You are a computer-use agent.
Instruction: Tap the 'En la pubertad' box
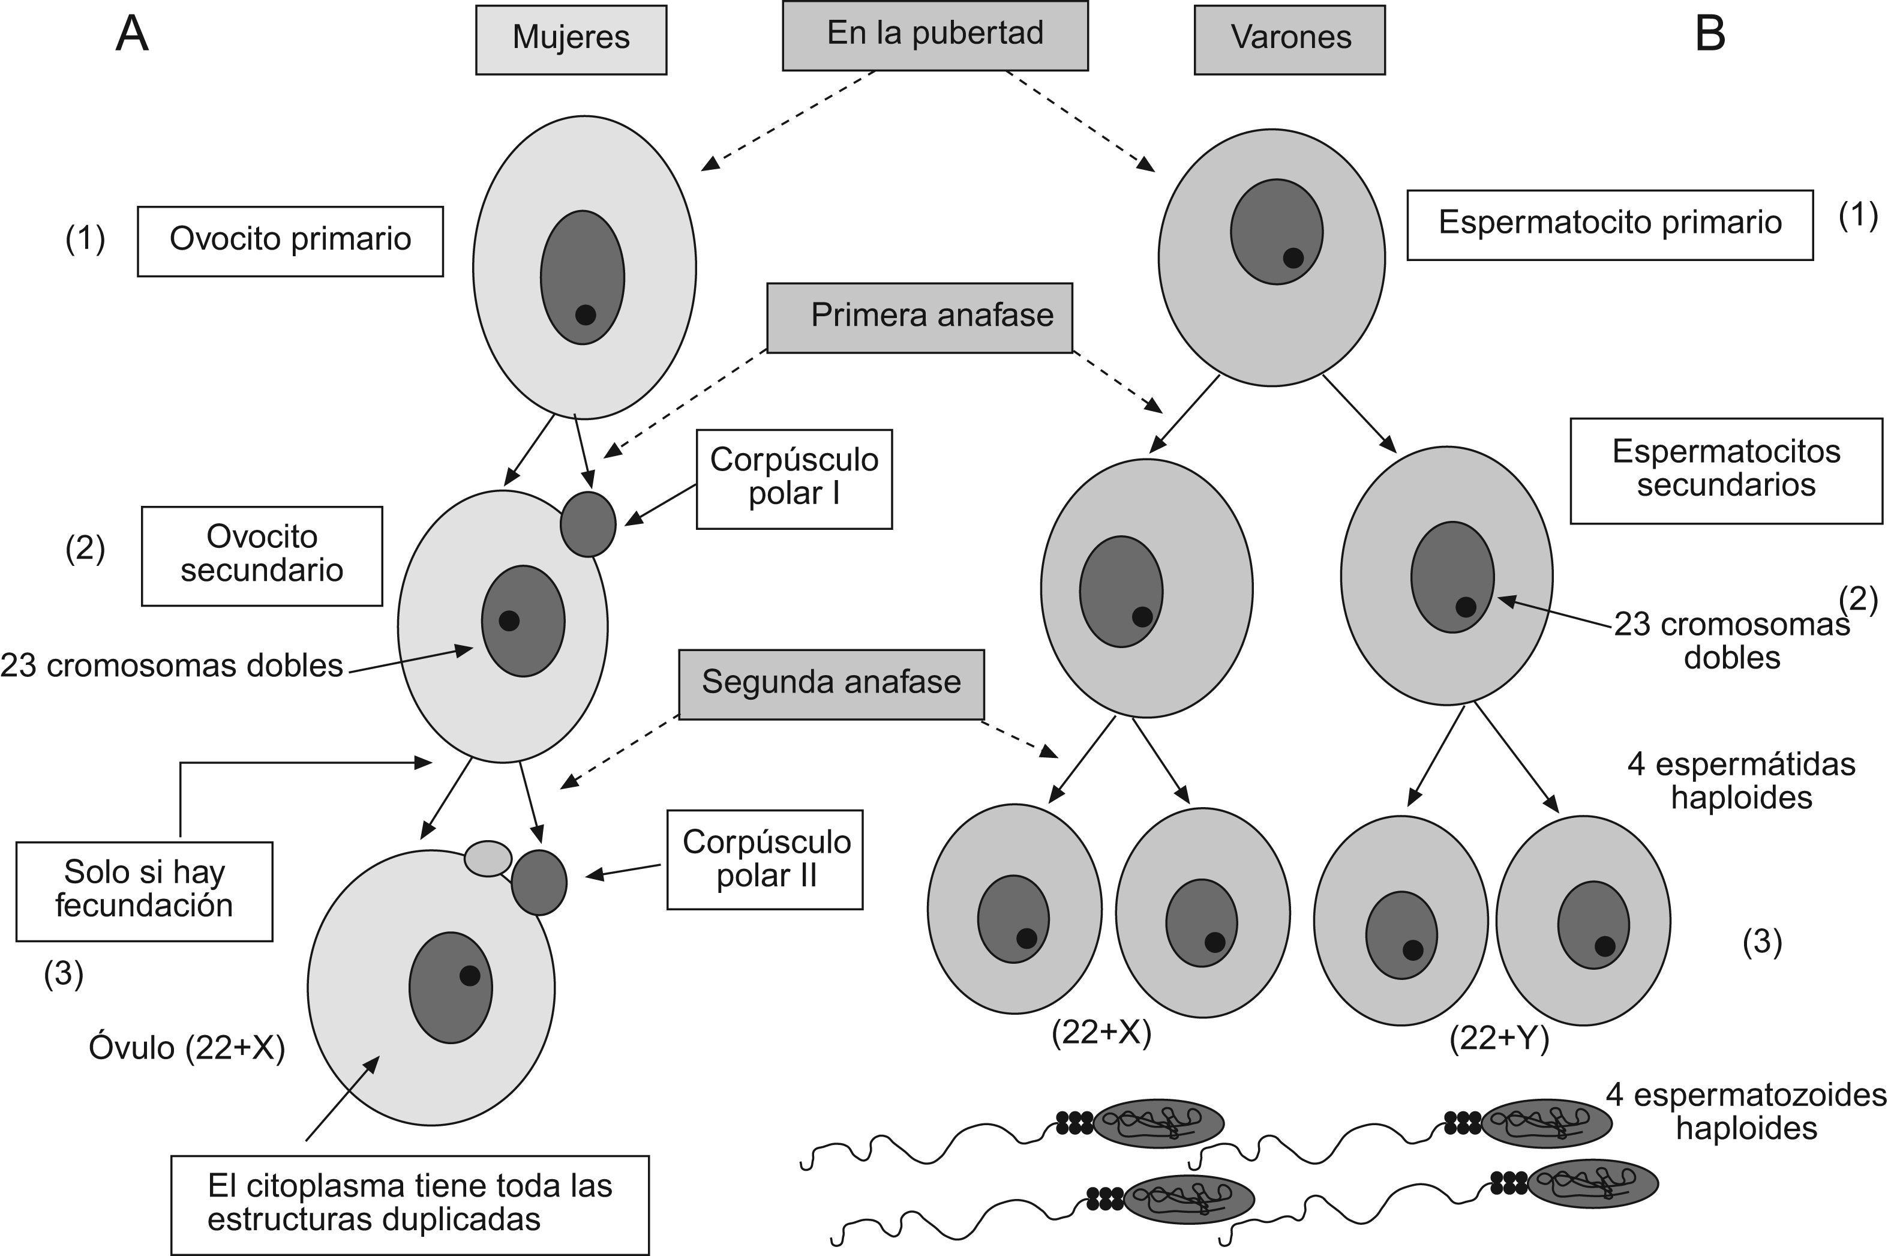934,35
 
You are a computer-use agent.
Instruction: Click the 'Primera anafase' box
919,317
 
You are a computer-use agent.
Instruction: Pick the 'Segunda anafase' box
831,684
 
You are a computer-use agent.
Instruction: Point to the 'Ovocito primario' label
290,241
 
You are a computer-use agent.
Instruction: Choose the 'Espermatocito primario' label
1610,224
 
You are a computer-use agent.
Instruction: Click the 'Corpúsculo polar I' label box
794,478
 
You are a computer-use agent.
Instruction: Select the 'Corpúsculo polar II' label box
765,859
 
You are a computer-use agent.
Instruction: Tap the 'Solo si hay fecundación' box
144,890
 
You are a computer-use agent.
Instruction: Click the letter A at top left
132,36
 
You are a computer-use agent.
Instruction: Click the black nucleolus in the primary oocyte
586,315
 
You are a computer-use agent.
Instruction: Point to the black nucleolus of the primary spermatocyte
1293,258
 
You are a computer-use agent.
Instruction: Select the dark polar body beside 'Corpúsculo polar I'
588,524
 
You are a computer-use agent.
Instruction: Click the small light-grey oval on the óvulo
488,859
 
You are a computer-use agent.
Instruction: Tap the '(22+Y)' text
1499,1039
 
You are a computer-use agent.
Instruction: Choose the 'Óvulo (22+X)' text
187,1048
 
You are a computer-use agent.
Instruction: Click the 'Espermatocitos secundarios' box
1725,470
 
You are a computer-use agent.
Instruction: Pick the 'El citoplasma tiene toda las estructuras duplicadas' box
409,1204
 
